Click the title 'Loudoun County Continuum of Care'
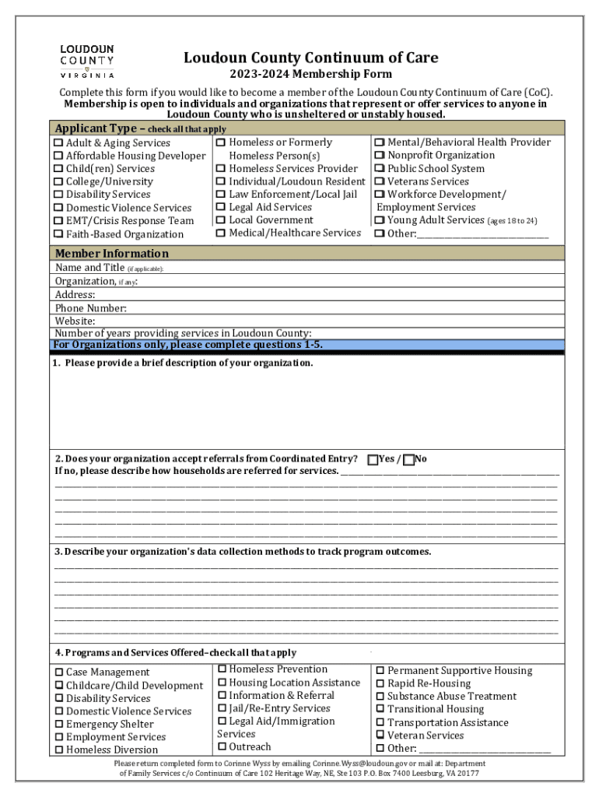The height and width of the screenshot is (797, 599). click(310, 58)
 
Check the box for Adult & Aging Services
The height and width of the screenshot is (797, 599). click(58, 143)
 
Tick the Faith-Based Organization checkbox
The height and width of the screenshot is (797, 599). click(58, 234)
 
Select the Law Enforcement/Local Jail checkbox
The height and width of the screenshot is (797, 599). click(221, 195)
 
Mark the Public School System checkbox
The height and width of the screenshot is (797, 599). click(380, 169)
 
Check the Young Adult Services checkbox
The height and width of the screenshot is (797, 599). click(380, 221)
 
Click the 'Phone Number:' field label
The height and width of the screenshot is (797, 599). click(90, 308)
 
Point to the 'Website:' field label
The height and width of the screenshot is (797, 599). click(75, 321)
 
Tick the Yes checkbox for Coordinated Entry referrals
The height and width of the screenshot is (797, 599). click(373, 459)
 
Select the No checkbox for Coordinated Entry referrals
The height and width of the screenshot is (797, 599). click(409, 459)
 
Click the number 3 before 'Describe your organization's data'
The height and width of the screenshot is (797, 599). click(58, 552)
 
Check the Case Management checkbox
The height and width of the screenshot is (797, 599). click(58, 672)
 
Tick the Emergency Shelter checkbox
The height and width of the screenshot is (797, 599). click(58, 725)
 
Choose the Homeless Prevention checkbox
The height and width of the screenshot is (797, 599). click(222, 669)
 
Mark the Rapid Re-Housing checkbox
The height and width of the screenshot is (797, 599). click(380, 684)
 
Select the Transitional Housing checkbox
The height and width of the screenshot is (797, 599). click(380, 710)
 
